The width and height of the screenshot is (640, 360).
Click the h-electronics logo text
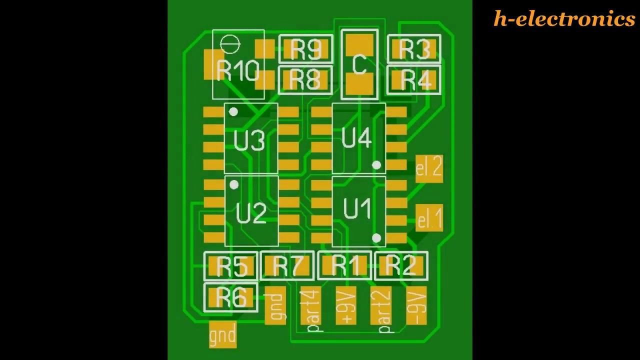point(564,19)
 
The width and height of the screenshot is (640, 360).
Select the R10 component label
point(237,71)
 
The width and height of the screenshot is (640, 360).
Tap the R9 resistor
point(305,49)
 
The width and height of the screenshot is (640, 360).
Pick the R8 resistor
point(305,79)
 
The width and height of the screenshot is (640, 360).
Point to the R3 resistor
point(414,49)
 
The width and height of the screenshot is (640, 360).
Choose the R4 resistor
point(414,79)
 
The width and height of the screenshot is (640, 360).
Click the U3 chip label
point(249,141)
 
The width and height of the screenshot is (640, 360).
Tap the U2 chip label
point(250,214)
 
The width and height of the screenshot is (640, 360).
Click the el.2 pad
point(429,168)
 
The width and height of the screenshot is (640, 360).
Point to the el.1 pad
point(429,218)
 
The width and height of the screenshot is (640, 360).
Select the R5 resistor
point(231,266)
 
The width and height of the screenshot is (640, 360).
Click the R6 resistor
point(231,297)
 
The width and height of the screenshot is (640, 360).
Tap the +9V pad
point(346,305)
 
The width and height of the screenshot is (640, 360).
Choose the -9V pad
point(416,305)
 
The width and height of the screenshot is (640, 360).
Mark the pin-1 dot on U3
point(233,112)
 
